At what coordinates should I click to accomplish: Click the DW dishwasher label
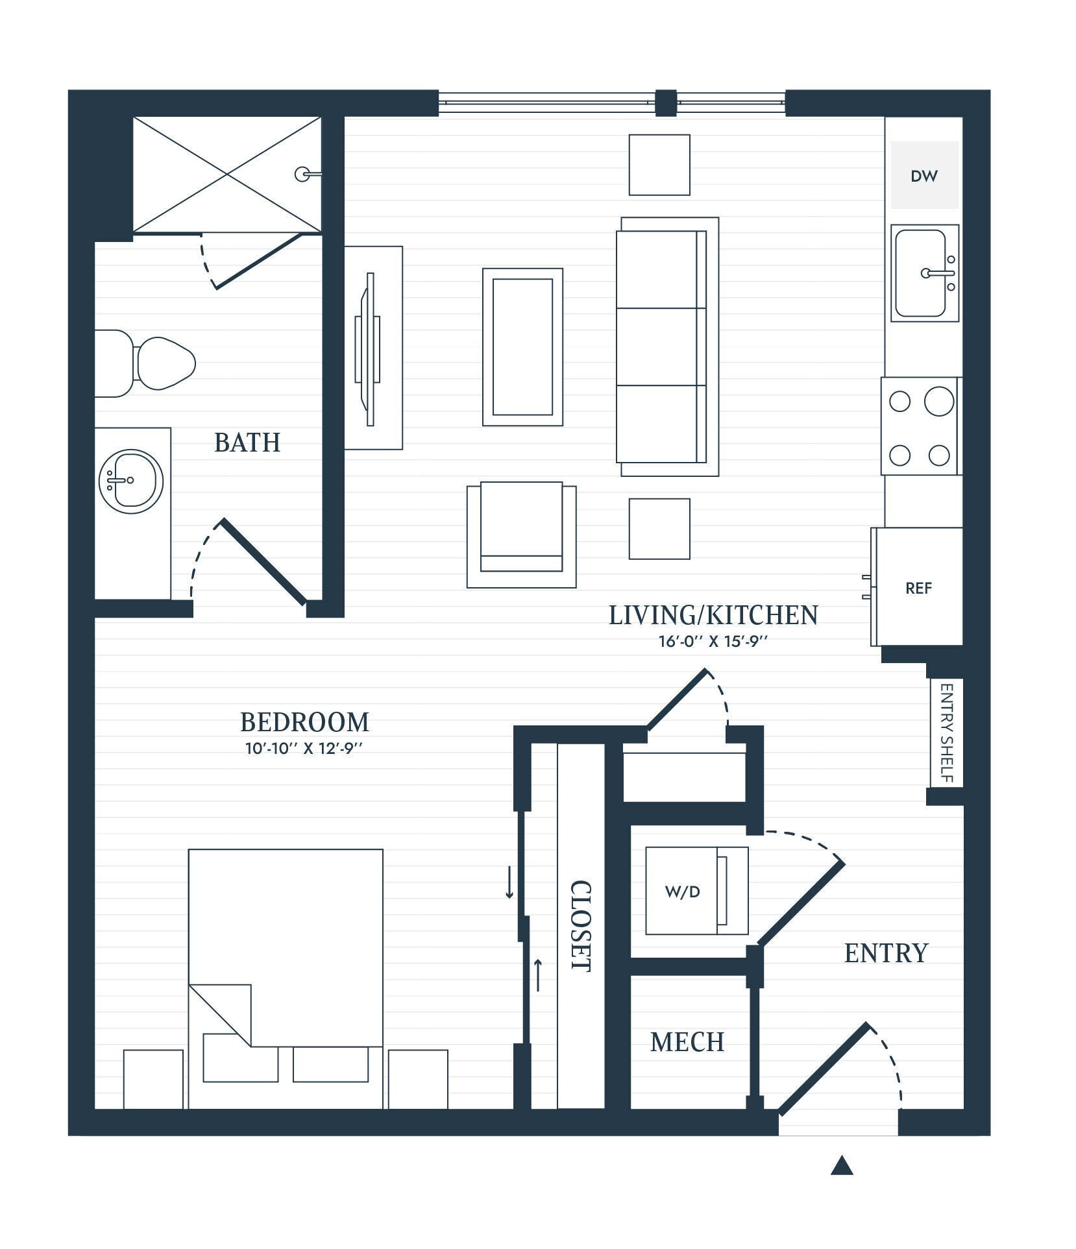(x=923, y=176)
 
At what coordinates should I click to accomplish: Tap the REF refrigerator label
(x=918, y=588)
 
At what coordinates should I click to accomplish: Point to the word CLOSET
(x=580, y=926)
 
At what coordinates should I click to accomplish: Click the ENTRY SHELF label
(x=946, y=733)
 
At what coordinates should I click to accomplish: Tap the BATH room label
(x=247, y=443)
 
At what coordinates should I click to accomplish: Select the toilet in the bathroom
(x=156, y=363)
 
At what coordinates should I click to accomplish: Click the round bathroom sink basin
(x=131, y=481)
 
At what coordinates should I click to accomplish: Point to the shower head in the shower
(x=303, y=174)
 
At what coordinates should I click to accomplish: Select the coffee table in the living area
(x=522, y=347)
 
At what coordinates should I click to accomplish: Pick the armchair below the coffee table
(x=521, y=533)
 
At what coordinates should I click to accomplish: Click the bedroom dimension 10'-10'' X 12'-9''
(x=303, y=748)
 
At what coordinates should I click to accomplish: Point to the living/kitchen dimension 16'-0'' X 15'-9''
(x=713, y=642)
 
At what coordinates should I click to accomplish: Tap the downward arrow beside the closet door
(x=509, y=882)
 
